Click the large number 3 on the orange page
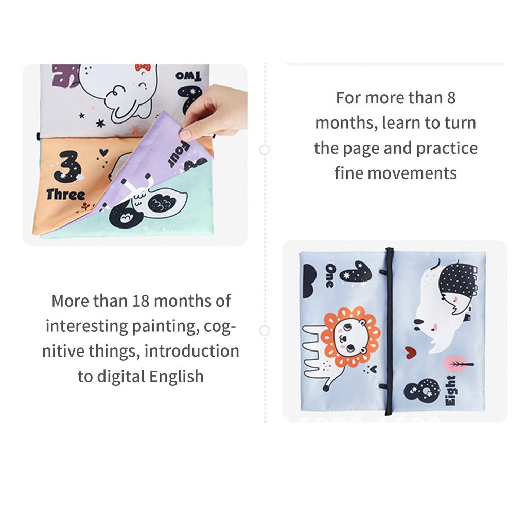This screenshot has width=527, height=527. click(x=67, y=166)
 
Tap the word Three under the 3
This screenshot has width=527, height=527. click(x=65, y=195)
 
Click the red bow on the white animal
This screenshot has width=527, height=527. click(x=143, y=67)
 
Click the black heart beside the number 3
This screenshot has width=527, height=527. click(x=103, y=152)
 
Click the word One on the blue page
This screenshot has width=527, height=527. click(x=329, y=276)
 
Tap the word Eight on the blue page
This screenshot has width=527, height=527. click(x=450, y=392)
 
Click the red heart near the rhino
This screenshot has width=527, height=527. click(x=410, y=353)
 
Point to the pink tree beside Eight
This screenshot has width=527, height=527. click(x=458, y=365)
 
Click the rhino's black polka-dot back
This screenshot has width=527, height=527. click(x=458, y=280)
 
